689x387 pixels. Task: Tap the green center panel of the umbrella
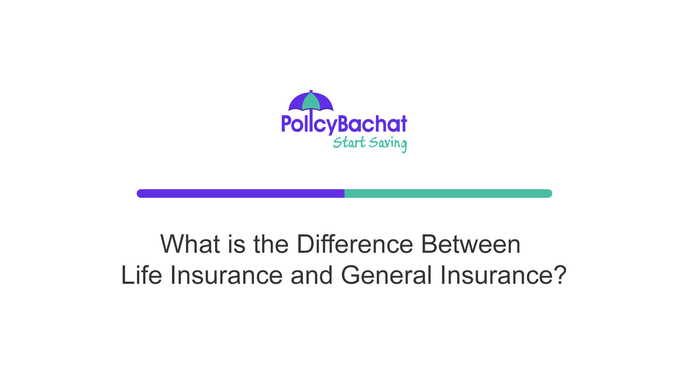pyautogui.click(x=311, y=102)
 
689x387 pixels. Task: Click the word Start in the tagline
pyautogui.click(x=349, y=143)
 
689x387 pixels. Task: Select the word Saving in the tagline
pyautogui.click(x=388, y=143)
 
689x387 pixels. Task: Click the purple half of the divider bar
pyautogui.click(x=240, y=193)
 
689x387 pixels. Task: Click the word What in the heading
pyautogui.click(x=190, y=244)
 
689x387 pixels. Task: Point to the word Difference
pyautogui.click(x=355, y=244)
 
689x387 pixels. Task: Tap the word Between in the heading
pyautogui.click(x=470, y=244)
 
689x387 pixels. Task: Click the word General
pyautogui.click(x=386, y=275)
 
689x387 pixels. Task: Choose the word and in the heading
pyautogui.click(x=311, y=275)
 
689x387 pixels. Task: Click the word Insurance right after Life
pyautogui.click(x=226, y=275)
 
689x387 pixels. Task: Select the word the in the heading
pyautogui.click(x=271, y=244)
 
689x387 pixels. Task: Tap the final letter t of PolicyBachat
pyautogui.click(x=403, y=124)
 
